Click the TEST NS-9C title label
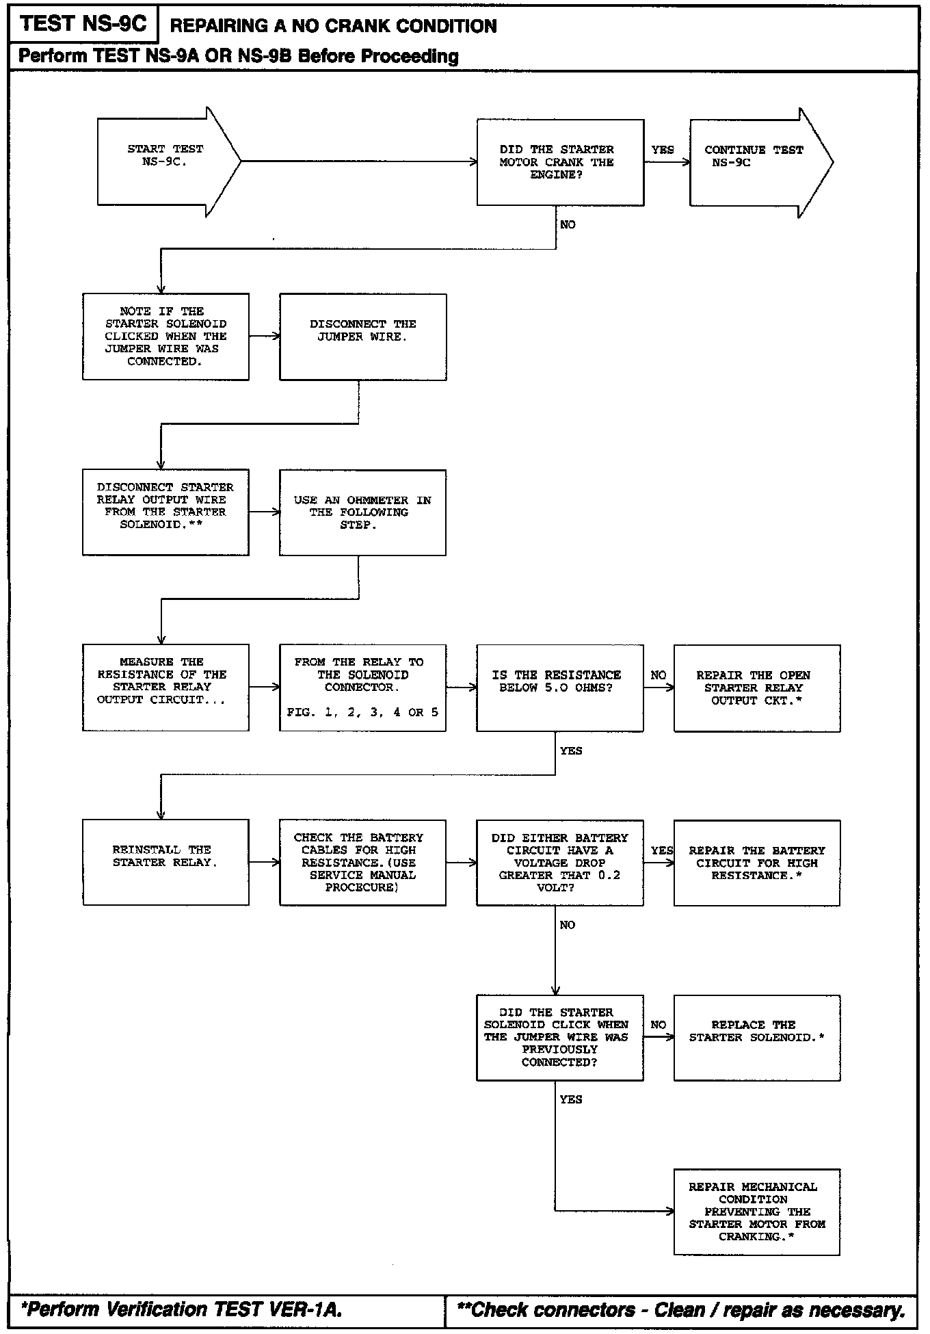(x=83, y=24)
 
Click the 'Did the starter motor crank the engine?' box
(x=560, y=162)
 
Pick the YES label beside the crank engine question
(x=662, y=150)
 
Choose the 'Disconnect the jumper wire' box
(x=362, y=337)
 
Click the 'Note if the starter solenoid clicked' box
(x=165, y=337)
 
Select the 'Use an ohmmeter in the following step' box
(x=362, y=512)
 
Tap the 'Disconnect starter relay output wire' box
(x=165, y=512)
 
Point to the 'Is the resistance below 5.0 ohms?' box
(x=559, y=688)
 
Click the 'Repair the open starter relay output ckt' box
(x=756, y=688)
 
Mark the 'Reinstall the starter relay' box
(x=165, y=863)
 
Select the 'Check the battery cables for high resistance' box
(x=362, y=863)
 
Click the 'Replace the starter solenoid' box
(x=756, y=1038)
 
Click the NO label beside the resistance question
(x=658, y=675)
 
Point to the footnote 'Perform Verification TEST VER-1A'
(x=182, y=1309)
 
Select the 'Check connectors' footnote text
(x=680, y=1309)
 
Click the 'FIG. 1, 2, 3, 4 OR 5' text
(x=362, y=713)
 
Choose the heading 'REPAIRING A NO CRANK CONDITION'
(x=333, y=26)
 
